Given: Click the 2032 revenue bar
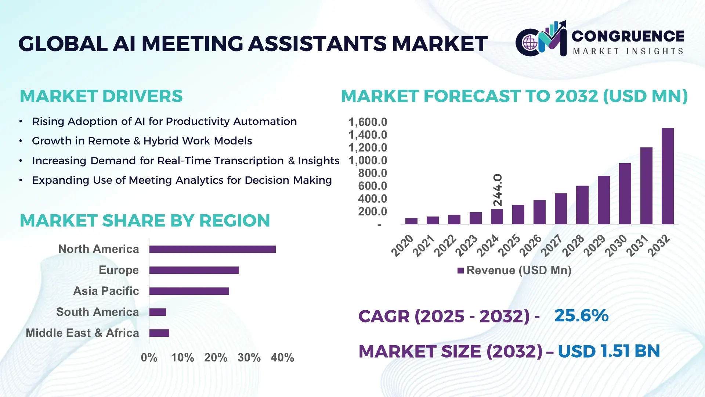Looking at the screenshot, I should click(668, 176).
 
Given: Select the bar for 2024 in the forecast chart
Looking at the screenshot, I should click(497, 217).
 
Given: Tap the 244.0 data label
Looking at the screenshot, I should click(498, 190).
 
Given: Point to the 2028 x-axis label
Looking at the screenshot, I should click(573, 245).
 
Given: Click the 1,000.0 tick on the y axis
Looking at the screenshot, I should click(368, 161).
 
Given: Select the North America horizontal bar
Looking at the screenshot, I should click(212, 249).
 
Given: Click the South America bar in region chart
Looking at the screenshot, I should click(158, 312).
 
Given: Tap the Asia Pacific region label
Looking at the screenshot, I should click(106, 291).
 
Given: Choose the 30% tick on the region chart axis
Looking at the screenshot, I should click(249, 358).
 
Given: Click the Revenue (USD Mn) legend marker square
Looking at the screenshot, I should click(460, 271).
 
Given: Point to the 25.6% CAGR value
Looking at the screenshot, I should click(581, 316).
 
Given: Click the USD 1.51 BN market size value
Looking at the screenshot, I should click(608, 351).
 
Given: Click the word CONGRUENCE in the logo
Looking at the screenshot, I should click(628, 36).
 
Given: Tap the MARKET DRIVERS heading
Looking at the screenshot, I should click(101, 96).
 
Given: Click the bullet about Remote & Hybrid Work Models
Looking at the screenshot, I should click(142, 141).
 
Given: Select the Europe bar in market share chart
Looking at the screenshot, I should click(194, 270).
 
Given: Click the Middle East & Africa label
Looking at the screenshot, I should click(82, 333).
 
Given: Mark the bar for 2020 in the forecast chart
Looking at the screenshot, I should click(411, 221).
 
